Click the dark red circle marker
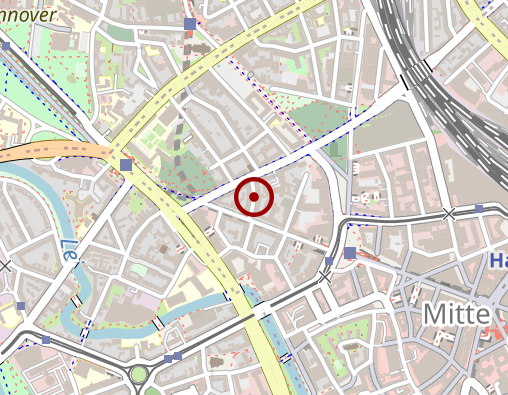pos(254,197)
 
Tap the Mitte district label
pos(456,313)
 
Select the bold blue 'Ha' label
pos(498,261)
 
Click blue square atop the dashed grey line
pos(190,23)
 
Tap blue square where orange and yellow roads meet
pos(125,165)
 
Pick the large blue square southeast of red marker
pos(349,254)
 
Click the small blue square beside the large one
pos(329,262)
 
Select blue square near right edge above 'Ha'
pos(480,209)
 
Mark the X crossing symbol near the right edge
pos(449,213)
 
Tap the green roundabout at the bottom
pos(139,375)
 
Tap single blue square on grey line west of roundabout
pos(46,340)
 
